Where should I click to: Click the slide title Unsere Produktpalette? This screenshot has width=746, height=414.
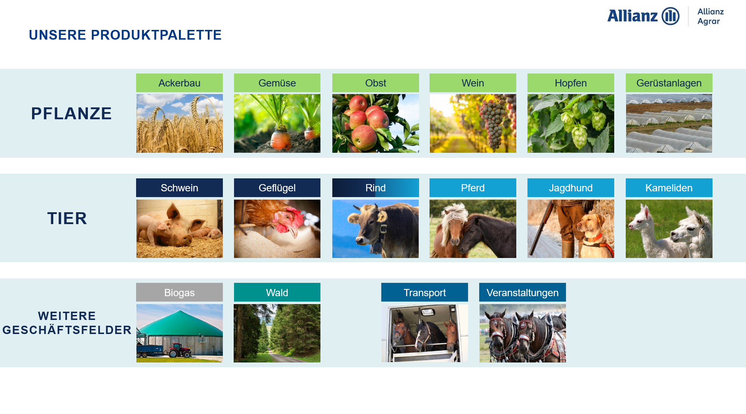(x=125, y=35)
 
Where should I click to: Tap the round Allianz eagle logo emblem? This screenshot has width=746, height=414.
(x=670, y=16)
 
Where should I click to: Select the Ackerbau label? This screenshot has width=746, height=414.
(x=179, y=83)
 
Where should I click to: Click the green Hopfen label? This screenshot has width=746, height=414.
(x=571, y=83)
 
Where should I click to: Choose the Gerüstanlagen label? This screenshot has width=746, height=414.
(x=669, y=83)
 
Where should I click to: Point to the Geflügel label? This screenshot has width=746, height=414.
(x=277, y=188)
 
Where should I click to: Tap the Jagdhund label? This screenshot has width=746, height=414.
(x=571, y=188)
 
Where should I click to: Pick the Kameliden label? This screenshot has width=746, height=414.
(x=669, y=188)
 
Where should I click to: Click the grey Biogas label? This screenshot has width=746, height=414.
(x=179, y=292)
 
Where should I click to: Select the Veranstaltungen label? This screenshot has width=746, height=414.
(x=522, y=292)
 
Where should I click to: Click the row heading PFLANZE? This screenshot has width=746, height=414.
(x=71, y=113)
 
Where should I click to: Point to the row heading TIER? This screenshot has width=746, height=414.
(x=67, y=218)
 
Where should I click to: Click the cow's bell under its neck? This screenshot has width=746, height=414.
(x=377, y=247)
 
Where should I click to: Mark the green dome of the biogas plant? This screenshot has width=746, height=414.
(x=179, y=323)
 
